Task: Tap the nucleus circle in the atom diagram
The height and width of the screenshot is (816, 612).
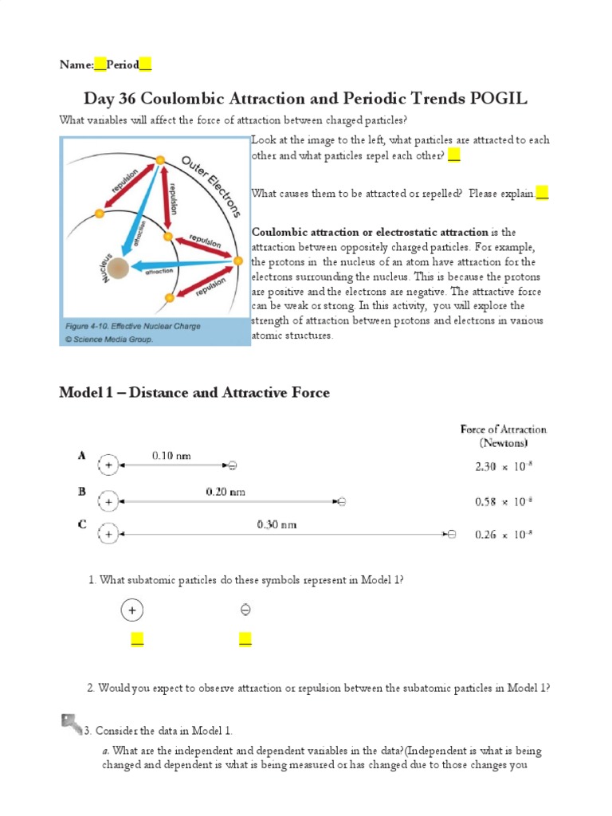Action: coord(118,269)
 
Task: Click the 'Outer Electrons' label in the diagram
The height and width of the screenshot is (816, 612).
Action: coord(211,186)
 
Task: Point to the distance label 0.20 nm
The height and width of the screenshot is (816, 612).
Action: coord(226,492)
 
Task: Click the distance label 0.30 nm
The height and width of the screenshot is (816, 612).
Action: coord(277,524)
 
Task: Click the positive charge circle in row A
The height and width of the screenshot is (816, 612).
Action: coord(108,465)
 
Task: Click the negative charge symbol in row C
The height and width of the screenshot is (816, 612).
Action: coord(451,534)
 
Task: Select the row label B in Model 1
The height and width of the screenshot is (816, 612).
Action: coord(81,492)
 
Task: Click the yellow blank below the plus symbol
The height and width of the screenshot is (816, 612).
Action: coord(137,639)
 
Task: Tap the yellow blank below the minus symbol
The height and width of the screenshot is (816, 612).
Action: coord(245,639)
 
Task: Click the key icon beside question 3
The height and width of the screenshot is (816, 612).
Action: coord(72,724)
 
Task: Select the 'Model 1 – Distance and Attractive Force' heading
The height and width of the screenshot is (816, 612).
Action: coord(194,392)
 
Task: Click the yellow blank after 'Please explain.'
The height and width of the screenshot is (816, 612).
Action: coord(542,193)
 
